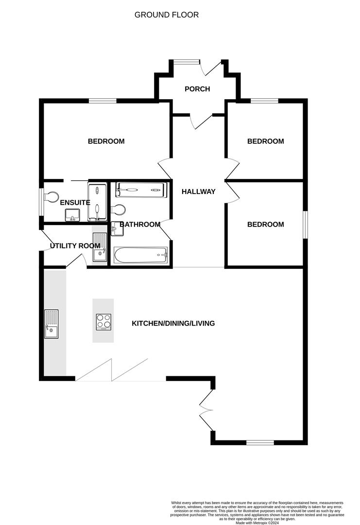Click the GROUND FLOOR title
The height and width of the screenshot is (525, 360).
167,15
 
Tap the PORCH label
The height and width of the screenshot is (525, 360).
197,89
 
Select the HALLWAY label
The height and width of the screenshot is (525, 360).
198,192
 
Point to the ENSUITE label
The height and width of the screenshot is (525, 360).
75,202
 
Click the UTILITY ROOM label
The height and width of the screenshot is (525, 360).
75,246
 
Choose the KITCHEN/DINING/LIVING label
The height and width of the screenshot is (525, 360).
173,323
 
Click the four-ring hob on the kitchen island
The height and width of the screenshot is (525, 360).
103,321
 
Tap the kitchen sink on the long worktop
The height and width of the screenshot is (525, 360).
51,323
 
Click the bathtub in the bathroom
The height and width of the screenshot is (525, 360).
141,254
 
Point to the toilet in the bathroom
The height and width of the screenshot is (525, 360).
118,210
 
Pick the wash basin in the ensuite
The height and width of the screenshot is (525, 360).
72,214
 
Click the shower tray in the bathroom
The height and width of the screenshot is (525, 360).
140,190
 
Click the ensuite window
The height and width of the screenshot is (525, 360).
41,201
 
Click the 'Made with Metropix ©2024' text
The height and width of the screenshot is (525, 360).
257,523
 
